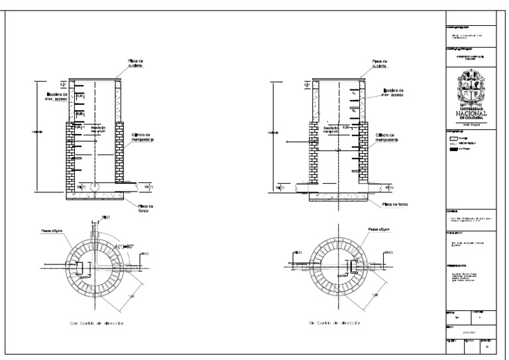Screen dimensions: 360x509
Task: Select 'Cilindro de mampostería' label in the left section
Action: click(141, 135)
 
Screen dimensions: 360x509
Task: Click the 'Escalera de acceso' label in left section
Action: click(54, 97)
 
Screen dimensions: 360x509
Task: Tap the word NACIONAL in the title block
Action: click(473, 113)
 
